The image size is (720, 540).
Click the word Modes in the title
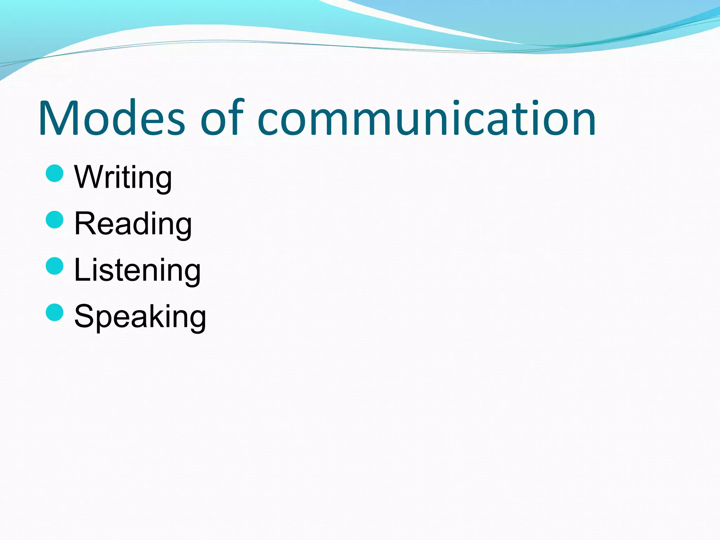[x=112, y=118]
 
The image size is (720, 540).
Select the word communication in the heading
[x=426, y=118]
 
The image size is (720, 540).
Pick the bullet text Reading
[x=133, y=224]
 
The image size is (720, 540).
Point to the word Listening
[x=137, y=270]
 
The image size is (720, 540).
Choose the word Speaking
[x=140, y=317]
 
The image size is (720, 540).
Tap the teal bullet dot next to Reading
[x=55, y=220]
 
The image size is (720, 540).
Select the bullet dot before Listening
[x=55, y=266]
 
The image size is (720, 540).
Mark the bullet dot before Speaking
[x=55, y=312]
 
